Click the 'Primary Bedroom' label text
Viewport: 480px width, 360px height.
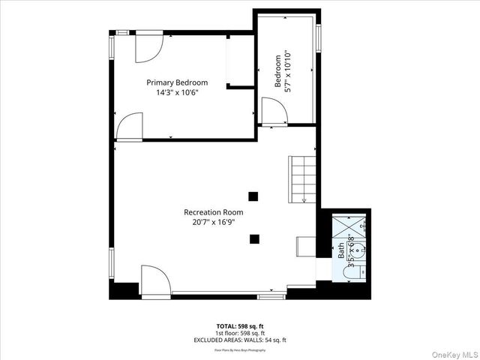coord(177,82)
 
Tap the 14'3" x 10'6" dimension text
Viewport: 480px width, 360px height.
coord(177,93)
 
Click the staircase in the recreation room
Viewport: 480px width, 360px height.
coord(304,179)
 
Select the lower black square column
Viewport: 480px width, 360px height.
coord(255,239)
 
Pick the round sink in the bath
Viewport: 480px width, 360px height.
coord(358,250)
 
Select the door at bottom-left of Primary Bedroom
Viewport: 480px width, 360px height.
coord(129,126)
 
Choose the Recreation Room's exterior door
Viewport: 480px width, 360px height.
coord(155,280)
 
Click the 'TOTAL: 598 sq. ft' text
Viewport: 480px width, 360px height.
coord(239,326)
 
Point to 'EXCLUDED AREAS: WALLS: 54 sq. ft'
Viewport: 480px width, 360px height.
coord(239,340)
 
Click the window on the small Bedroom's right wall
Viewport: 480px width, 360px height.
coord(319,37)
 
